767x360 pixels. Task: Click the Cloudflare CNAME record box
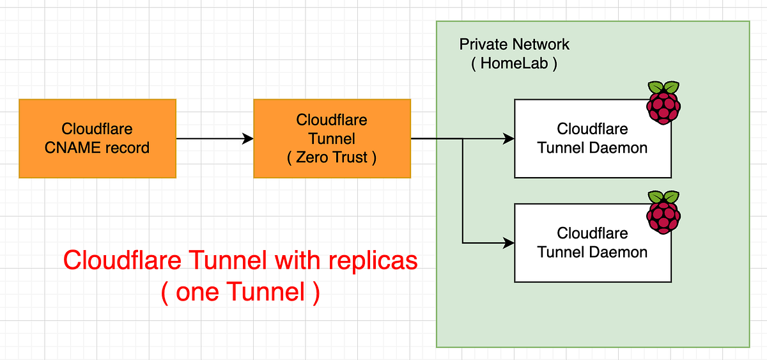click(97, 138)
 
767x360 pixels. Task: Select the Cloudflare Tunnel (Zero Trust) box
click(332, 138)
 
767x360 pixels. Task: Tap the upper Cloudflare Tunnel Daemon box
click(593, 138)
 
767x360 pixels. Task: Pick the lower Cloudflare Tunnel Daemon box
click(593, 243)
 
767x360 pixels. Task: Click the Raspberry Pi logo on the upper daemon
click(663, 102)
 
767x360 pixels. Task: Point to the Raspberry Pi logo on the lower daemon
click(663, 212)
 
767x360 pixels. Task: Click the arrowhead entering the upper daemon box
click(509, 138)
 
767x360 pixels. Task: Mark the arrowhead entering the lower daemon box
click(509, 243)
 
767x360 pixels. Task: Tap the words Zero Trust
click(332, 157)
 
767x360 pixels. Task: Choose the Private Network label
click(514, 45)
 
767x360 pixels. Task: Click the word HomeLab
click(514, 64)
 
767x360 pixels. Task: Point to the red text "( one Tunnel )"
click(240, 292)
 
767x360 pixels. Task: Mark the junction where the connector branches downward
click(463, 139)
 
